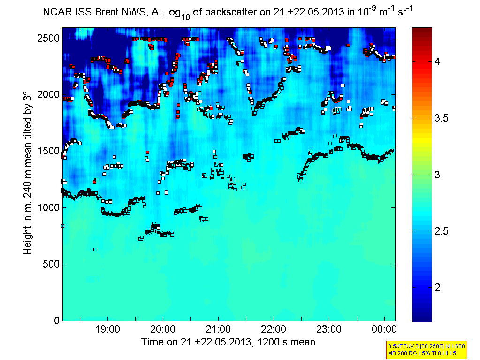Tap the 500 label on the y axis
[x=50, y=264]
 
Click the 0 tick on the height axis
[x=55, y=321]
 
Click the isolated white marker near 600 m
[x=95, y=249]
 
